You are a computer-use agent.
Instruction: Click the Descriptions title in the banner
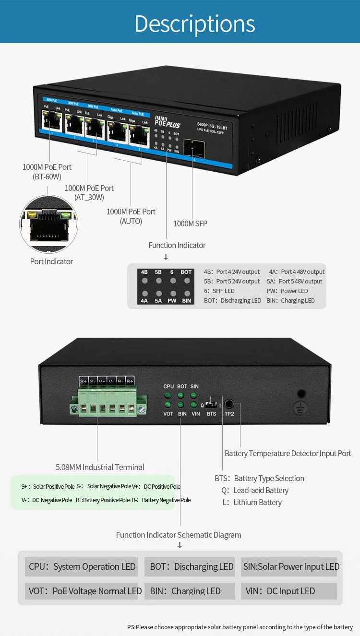click(x=194, y=23)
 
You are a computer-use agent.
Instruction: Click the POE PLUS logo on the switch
click(x=167, y=122)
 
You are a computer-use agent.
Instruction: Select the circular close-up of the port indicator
click(x=48, y=224)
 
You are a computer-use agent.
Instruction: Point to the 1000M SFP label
click(x=190, y=224)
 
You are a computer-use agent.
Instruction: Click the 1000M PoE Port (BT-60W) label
click(x=47, y=172)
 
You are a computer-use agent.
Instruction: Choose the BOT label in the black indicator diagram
click(x=186, y=272)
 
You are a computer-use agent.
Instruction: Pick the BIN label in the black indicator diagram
click(x=186, y=301)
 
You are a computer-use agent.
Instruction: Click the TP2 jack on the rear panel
click(x=229, y=404)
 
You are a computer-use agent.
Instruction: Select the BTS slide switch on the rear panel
click(x=211, y=405)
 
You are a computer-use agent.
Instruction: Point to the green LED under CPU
click(x=168, y=396)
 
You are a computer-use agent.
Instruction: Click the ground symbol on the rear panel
click(x=301, y=407)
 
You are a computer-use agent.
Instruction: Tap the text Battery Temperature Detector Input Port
click(x=288, y=453)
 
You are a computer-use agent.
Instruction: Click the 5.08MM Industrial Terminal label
click(x=100, y=467)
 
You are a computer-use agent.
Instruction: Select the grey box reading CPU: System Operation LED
click(x=82, y=566)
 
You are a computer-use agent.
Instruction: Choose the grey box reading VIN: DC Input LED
click(x=288, y=591)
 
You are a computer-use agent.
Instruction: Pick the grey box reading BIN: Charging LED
click(x=190, y=591)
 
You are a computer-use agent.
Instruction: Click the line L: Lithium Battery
click(x=252, y=502)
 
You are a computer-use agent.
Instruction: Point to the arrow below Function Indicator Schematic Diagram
click(x=180, y=545)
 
